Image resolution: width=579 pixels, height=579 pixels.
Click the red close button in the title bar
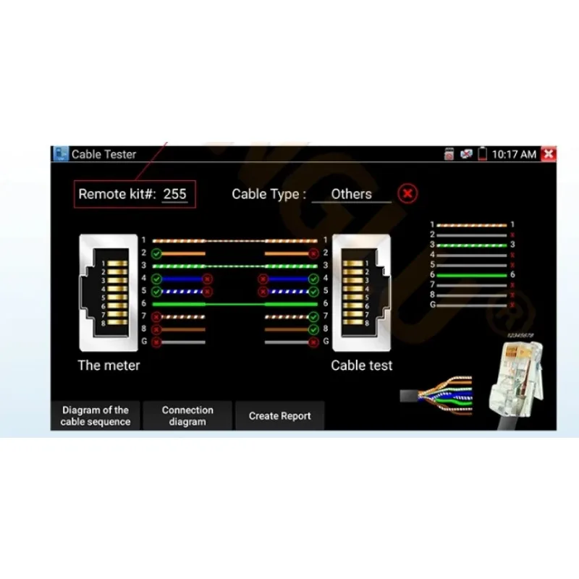(x=549, y=154)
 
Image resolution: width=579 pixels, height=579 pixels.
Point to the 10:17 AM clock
(x=514, y=154)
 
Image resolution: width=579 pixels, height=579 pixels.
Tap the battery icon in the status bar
(x=482, y=154)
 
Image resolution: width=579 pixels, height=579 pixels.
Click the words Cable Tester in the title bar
(x=103, y=154)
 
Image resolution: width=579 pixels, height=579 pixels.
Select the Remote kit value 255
(x=174, y=194)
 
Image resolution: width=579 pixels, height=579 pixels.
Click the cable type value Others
(x=351, y=194)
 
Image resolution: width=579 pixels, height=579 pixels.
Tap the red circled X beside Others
(x=408, y=194)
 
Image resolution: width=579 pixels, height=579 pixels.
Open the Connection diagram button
(x=187, y=415)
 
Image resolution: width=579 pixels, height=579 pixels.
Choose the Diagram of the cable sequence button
(x=96, y=415)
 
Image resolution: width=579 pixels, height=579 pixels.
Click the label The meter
(x=109, y=365)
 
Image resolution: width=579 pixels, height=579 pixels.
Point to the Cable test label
(x=362, y=365)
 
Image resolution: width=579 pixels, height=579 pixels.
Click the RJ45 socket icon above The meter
(x=109, y=292)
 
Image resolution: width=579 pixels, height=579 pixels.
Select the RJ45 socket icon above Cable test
(x=361, y=292)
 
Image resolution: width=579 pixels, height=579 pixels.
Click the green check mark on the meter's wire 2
(x=156, y=253)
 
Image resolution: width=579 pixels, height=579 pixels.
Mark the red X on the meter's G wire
(x=156, y=342)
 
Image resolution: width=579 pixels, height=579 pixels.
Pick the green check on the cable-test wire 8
(x=313, y=329)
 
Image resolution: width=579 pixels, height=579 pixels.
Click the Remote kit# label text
(x=117, y=194)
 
